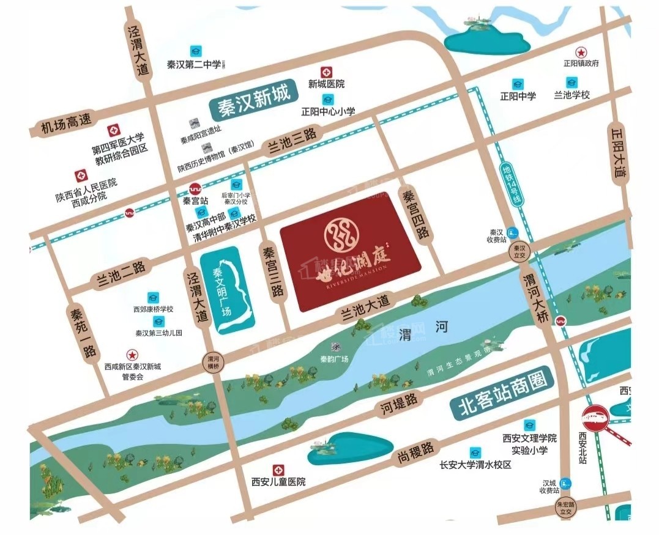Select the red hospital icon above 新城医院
click(326, 72)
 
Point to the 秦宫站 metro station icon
click(196, 189)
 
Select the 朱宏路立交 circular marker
click(566, 506)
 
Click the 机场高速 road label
click(65, 125)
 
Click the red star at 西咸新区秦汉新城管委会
click(131, 354)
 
